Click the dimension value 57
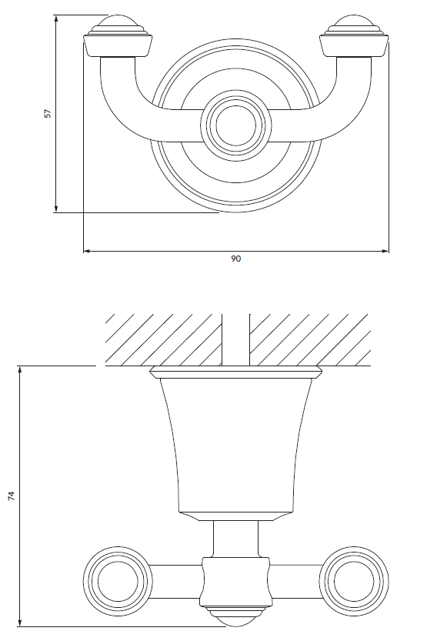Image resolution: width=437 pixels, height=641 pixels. pos(48,113)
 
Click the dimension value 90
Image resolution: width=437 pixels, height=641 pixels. pos(236,259)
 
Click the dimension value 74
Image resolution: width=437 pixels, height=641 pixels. pos(12,496)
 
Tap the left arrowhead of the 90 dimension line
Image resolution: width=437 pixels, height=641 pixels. pos(87,251)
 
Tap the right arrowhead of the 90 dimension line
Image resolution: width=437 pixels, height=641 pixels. pos(385,251)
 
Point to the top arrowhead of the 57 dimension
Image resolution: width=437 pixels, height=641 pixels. pos(56,18)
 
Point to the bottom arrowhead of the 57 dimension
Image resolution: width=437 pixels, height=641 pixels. pos(56,209)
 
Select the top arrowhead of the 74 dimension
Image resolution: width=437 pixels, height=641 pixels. pos(19,369)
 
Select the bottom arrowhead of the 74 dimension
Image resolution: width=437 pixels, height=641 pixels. pos(19,623)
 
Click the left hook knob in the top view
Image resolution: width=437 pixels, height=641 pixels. pos(118,37)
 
